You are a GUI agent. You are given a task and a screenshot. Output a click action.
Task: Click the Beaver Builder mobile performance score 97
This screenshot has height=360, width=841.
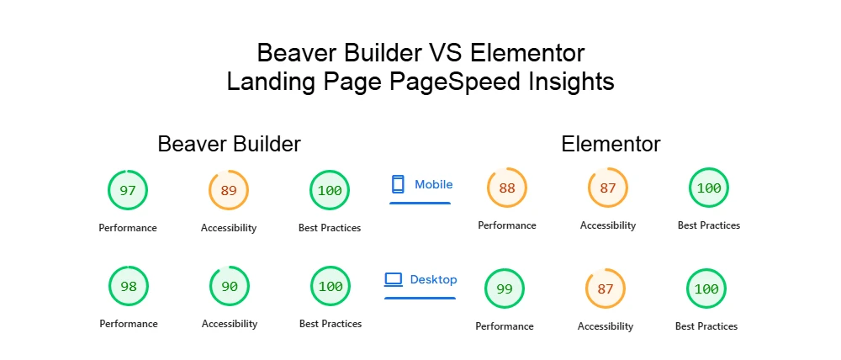(x=128, y=191)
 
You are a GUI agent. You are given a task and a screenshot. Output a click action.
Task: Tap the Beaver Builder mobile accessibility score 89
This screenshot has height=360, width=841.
(x=229, y=191)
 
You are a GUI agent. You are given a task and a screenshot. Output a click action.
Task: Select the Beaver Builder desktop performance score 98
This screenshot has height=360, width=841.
(x=129, y=287)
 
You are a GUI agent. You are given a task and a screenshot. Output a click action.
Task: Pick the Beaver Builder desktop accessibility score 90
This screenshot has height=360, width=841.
(x=230, y=287)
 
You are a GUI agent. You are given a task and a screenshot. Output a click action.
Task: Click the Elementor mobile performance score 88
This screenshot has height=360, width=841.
(x=507, y=188)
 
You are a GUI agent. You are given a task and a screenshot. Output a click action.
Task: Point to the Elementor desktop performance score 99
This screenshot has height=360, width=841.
(x=505, y=289)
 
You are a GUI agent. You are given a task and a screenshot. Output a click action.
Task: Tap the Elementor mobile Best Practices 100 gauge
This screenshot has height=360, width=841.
(x=709, y=188)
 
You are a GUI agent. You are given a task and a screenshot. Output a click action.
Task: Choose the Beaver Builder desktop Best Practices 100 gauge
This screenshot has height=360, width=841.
(x=331, y=287)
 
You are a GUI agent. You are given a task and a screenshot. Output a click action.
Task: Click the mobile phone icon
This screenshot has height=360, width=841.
(x=399, y=184)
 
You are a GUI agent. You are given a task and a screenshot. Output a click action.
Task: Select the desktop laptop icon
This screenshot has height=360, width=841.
(x=394, y=279)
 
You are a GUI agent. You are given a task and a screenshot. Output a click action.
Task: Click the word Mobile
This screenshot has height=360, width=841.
(x=434, y=184)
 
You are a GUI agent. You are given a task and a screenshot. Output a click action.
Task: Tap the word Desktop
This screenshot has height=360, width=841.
(x=434, y=279)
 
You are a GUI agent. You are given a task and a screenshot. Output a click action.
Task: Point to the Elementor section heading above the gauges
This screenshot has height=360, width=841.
(x=611, y=145)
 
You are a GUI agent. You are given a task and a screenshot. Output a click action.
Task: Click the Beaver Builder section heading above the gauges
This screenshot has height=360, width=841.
(x=229, y=145)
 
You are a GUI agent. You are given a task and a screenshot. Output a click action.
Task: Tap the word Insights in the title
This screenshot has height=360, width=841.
(x=573, y=83)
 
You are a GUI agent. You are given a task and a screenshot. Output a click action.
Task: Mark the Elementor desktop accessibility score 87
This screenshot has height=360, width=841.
(x=606, y=289)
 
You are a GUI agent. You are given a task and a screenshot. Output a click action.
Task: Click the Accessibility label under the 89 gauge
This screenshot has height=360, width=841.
(x=229, y=228)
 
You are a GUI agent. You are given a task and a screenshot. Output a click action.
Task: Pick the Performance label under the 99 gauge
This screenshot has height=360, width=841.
(x=505, y=326)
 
